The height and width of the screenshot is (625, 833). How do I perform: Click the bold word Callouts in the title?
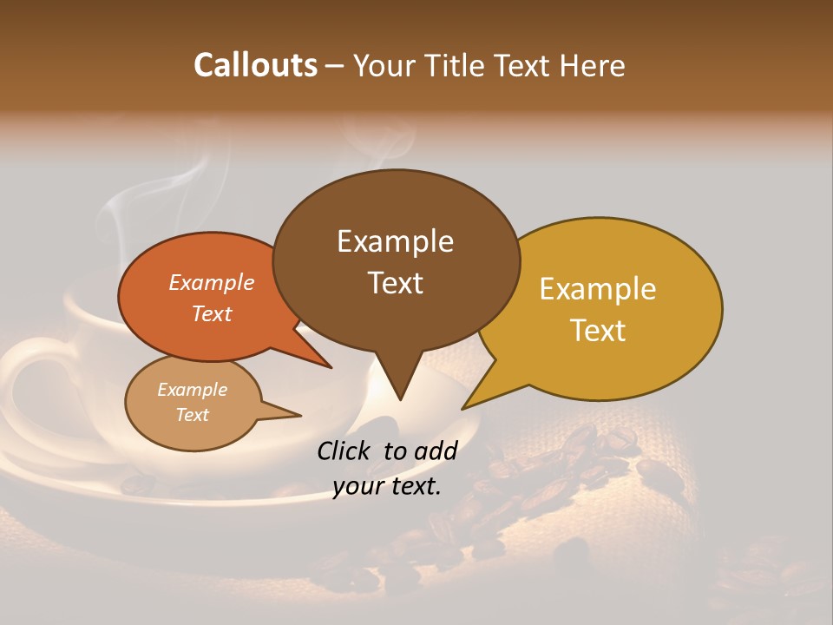(255, 65)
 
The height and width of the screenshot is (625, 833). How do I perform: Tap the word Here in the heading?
(591, 65)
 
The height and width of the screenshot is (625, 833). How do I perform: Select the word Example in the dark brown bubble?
(395, 241)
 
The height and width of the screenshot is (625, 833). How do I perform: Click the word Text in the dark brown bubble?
(395, 283)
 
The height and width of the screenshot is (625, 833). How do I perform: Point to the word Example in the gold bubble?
(598, 289)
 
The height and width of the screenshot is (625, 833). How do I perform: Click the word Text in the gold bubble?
(598, 331)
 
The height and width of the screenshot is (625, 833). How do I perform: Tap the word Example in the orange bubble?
(212, 282)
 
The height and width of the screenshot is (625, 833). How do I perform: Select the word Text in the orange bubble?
(212, 313)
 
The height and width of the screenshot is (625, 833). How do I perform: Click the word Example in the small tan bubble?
(193, 390)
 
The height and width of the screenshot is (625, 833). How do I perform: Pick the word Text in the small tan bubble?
(193, 415)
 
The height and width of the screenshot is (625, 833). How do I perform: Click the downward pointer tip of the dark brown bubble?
(399, 398)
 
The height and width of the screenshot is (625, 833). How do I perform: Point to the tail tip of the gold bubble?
(463, 408)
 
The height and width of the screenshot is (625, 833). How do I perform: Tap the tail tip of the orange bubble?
(331, 367)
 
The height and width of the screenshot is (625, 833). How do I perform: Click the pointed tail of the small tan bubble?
(299, 415)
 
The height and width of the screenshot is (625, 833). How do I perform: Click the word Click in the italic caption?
(346, 451)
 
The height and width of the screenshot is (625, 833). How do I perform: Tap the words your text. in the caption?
(387, 486)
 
